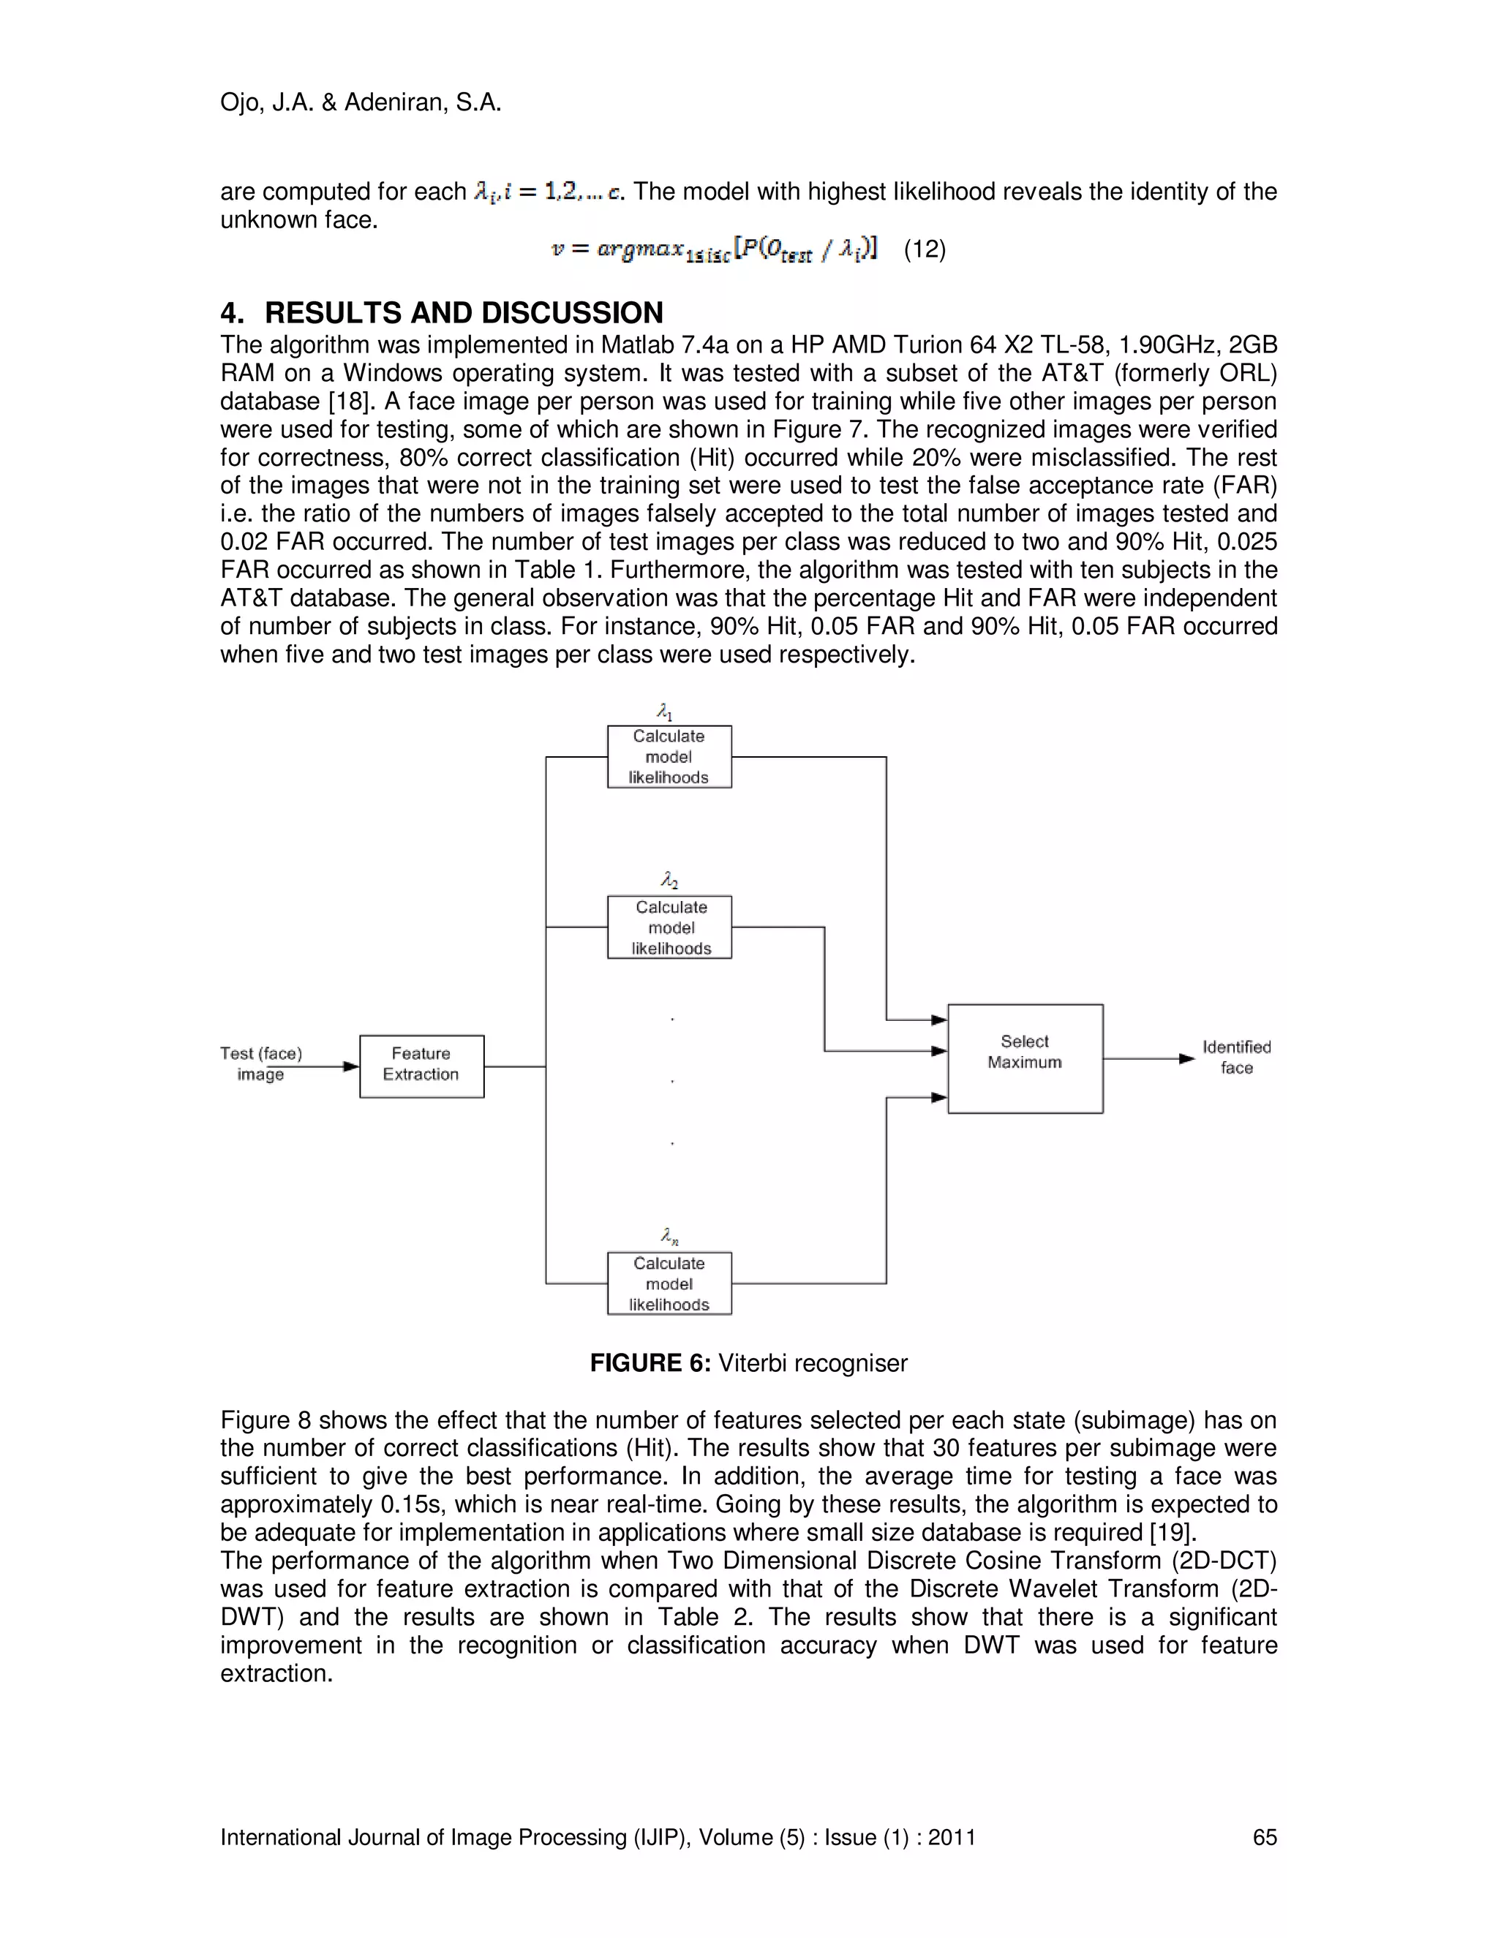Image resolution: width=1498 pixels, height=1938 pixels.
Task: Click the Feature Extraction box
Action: [x=421, y=1066]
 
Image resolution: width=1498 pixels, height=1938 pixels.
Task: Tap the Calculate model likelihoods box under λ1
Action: [x=669, y=757]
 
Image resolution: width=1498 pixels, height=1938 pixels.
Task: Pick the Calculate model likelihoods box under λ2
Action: [x=669, y=927]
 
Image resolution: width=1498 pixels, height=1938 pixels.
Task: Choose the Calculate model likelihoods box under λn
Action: [x=669, y=1283]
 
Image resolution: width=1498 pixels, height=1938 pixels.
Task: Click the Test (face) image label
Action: [x=261, y=1063]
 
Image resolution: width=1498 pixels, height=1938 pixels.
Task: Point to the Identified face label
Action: [x=1236, y=1057]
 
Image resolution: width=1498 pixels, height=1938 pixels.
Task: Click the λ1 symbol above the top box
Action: [x=665, y=712]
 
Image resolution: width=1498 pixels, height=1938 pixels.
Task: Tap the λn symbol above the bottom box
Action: [x=669, y=1236]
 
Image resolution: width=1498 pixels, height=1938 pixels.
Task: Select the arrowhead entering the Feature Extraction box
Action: [x=350, y=1066]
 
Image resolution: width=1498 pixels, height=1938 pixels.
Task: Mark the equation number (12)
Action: [x=925, y=249]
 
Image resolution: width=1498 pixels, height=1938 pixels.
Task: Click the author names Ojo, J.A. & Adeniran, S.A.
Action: [x=361, y=103]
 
